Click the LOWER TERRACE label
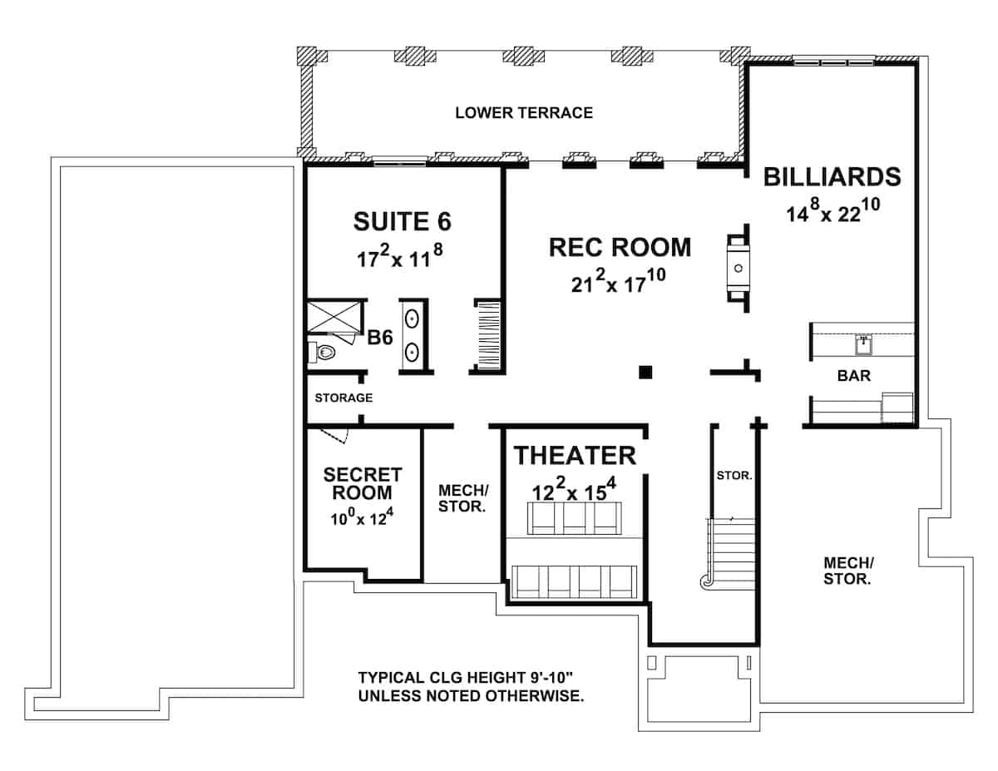click(x=524, y=112)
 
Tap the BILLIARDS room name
click(x=832, y=176)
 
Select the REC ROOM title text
click(x=620, y=247)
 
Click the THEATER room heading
click(x=575, y=455)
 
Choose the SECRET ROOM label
click(x=362, y=484)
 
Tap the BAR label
click(x=854, y=376)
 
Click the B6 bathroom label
click(x=381, y=339)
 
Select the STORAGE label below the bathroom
click(x=343, y=398)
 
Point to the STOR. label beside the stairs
click(x=734, y=477)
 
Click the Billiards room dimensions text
click(x=832, y=212)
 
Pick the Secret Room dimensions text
click(x=362, y=519)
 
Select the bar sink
click(x=863, y=341)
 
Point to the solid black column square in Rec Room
click(x=645, y=372)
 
